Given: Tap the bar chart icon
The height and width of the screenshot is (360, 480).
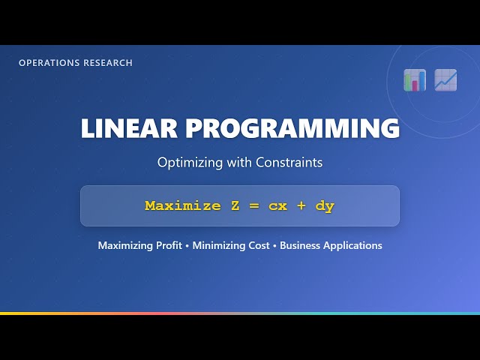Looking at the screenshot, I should pos(415,79).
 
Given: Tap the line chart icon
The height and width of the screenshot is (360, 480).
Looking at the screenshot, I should pos(445,79).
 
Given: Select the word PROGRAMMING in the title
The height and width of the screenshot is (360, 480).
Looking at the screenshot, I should pos(292,128).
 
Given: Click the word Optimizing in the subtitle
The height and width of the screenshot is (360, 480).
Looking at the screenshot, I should pos(184,162).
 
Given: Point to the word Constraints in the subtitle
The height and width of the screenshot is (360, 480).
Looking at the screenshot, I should pos(289,162).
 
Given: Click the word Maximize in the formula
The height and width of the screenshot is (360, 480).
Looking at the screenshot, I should pos(183,205).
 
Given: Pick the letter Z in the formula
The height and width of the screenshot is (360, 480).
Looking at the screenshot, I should pos(235,205).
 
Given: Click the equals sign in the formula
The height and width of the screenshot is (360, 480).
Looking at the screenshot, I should pos(253,205).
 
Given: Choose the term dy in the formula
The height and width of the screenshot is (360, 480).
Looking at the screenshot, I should pos(325,206).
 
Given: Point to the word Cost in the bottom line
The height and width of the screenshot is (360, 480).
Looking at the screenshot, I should pos(259,245).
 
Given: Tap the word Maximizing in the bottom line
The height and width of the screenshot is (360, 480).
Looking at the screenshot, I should pos(124,246).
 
